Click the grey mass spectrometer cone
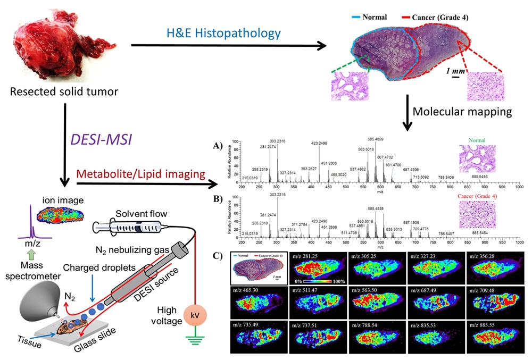tap(31, 303)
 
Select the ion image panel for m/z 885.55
tap(496, 337)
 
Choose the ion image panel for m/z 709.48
tap(496, 303)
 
